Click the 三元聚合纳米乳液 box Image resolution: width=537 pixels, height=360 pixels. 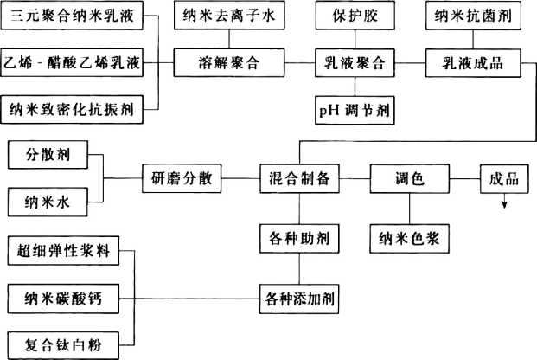click(x=71, y=17)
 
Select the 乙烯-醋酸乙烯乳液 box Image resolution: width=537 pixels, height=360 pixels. click(x=71, y=62)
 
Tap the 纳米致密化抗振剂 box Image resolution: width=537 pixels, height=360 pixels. click(x=71, y=110)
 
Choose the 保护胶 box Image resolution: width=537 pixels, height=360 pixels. click(x=354, y=17)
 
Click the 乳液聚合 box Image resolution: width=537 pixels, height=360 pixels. click(x=354, y=62)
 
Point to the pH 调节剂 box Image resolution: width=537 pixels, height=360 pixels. click(x=354, y=110)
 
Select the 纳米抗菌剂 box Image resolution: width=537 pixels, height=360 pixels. click(x=472, y=17)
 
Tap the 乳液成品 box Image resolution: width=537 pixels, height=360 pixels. click(x=472, y=62)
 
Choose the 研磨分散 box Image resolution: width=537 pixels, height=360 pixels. click(x=180, y=180)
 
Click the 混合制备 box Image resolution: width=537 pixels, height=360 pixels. click(x=299, y=180)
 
